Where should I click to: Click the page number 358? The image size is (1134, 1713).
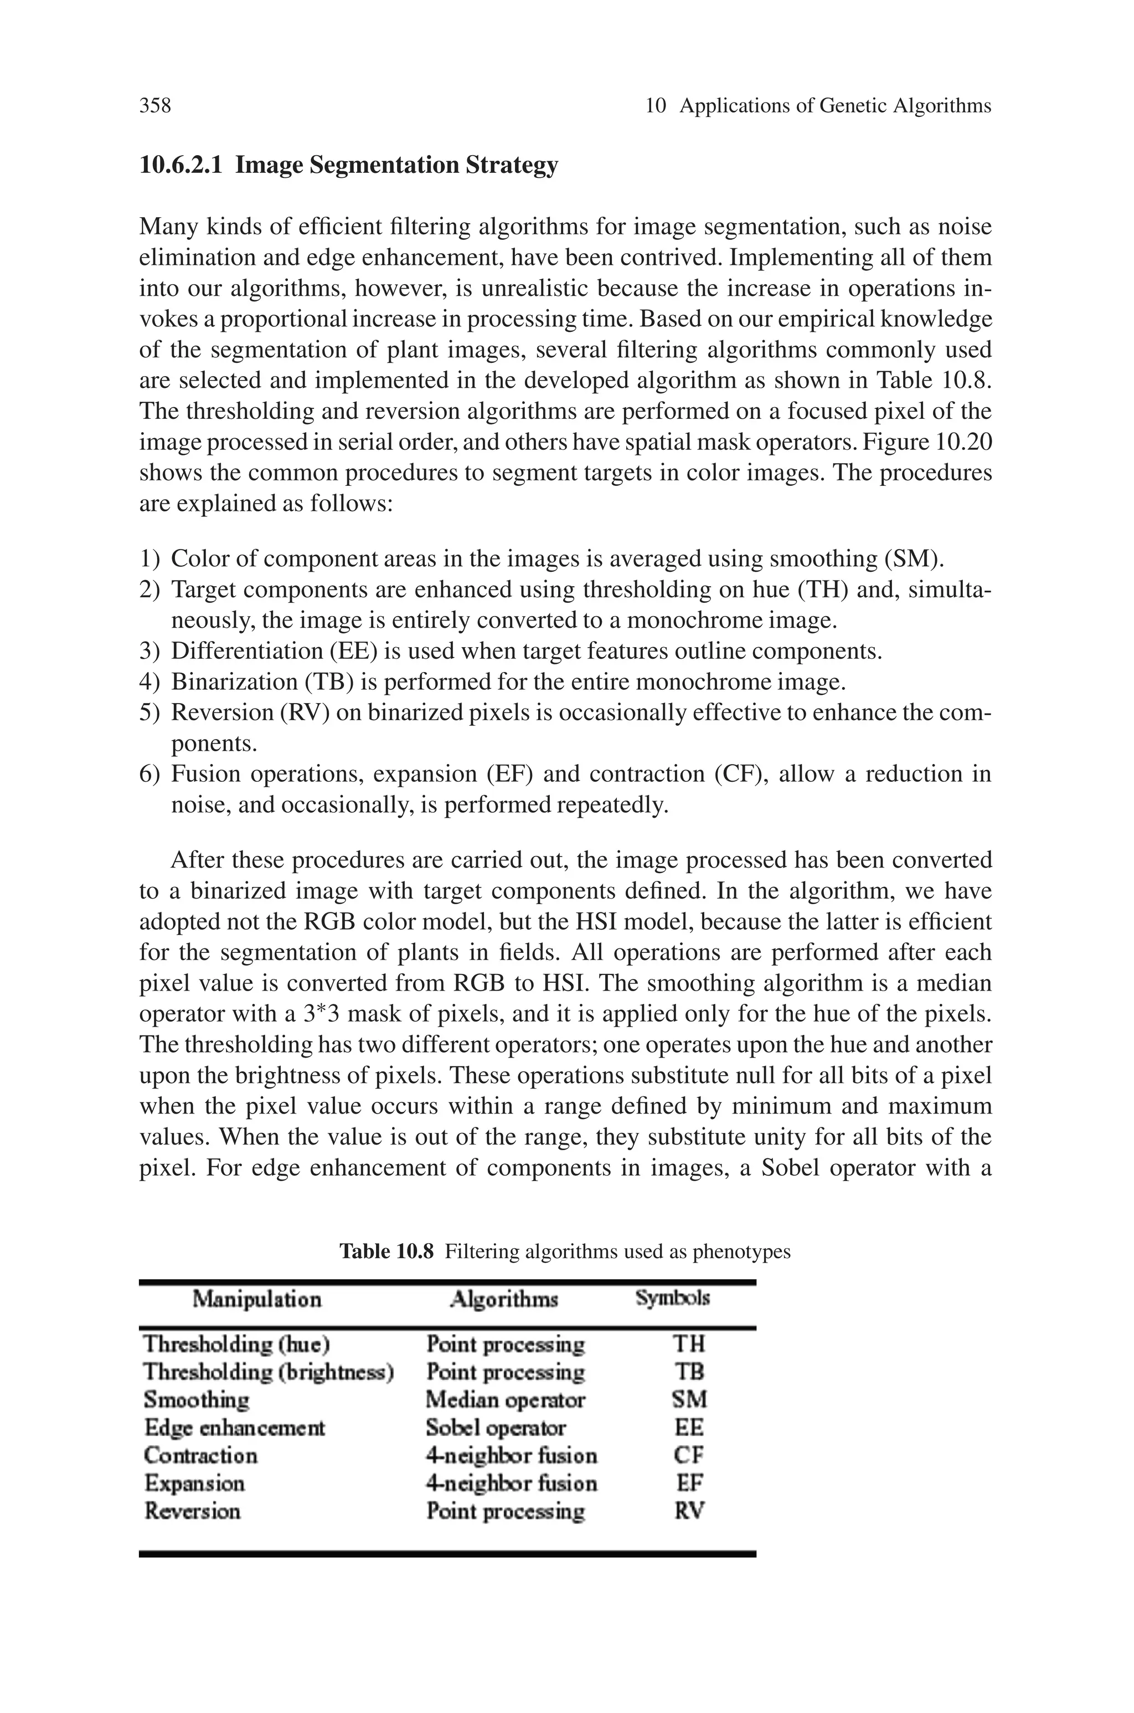point(155,106)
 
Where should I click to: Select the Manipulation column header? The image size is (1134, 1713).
point(257,1299)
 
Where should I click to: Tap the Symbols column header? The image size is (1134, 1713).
point(673,1298)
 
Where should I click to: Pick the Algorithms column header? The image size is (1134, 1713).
point(504,1299)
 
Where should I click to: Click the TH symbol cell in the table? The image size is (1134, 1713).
point(688,1344)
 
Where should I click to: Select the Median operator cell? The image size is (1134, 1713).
point(505,1400)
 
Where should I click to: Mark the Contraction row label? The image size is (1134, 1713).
point(200,1455)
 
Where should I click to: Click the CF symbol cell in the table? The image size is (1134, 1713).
point(688,1455)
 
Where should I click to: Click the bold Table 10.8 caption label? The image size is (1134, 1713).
point(386,1252)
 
